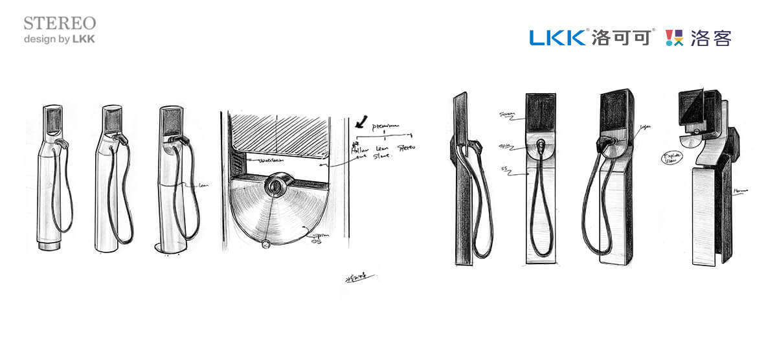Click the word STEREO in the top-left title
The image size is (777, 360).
click(60, 23)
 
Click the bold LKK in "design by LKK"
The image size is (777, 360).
click(84, 39)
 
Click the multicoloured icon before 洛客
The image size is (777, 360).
click(675, 38)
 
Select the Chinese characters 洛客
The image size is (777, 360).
click(711, 38)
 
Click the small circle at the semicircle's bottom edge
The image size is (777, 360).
click(264, 245)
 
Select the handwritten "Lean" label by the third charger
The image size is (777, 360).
click(203, 185)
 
